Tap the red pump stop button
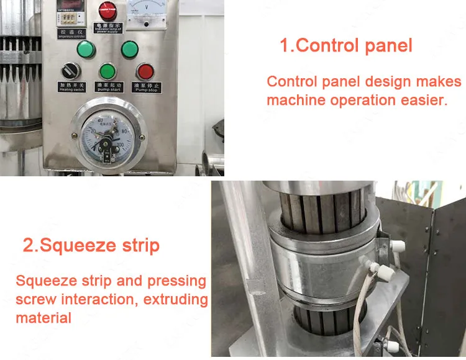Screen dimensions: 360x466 pos(146,71)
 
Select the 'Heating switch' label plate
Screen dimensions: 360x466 pos(70,88)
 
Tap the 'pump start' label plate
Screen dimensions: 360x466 pos(108,88)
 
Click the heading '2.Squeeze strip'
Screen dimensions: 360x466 pos(91,245)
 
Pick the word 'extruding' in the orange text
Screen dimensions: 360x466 pos(177,299)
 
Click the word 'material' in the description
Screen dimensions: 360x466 pos(43,318)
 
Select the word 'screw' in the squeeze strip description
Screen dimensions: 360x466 pos(37,299)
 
